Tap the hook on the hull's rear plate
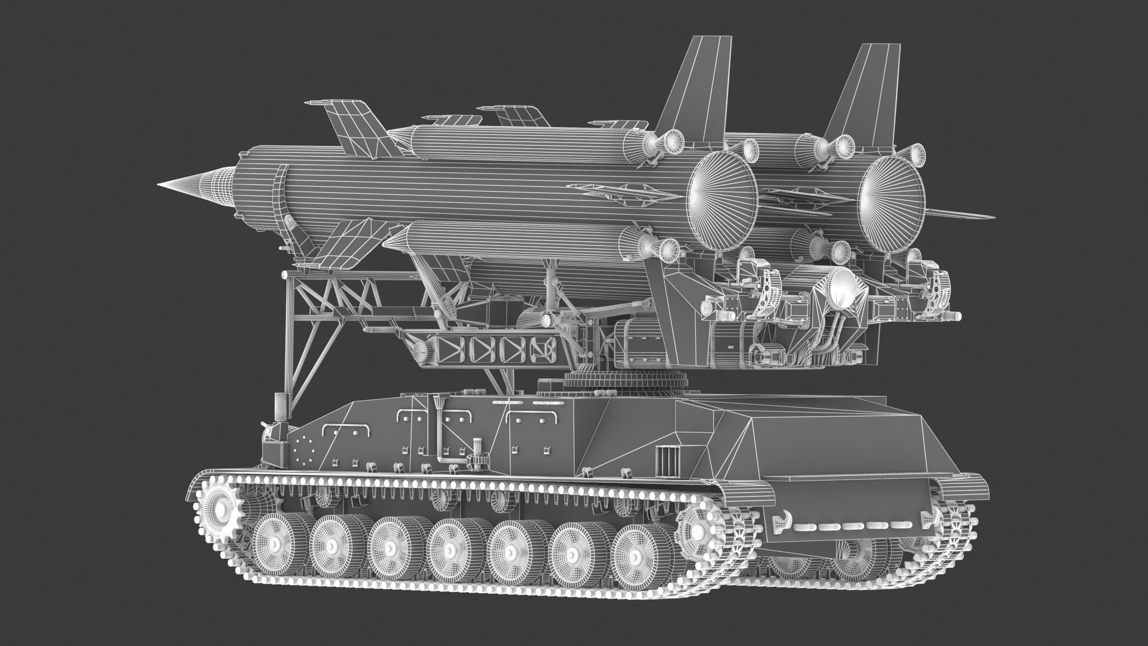click(x=780, y=522)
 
